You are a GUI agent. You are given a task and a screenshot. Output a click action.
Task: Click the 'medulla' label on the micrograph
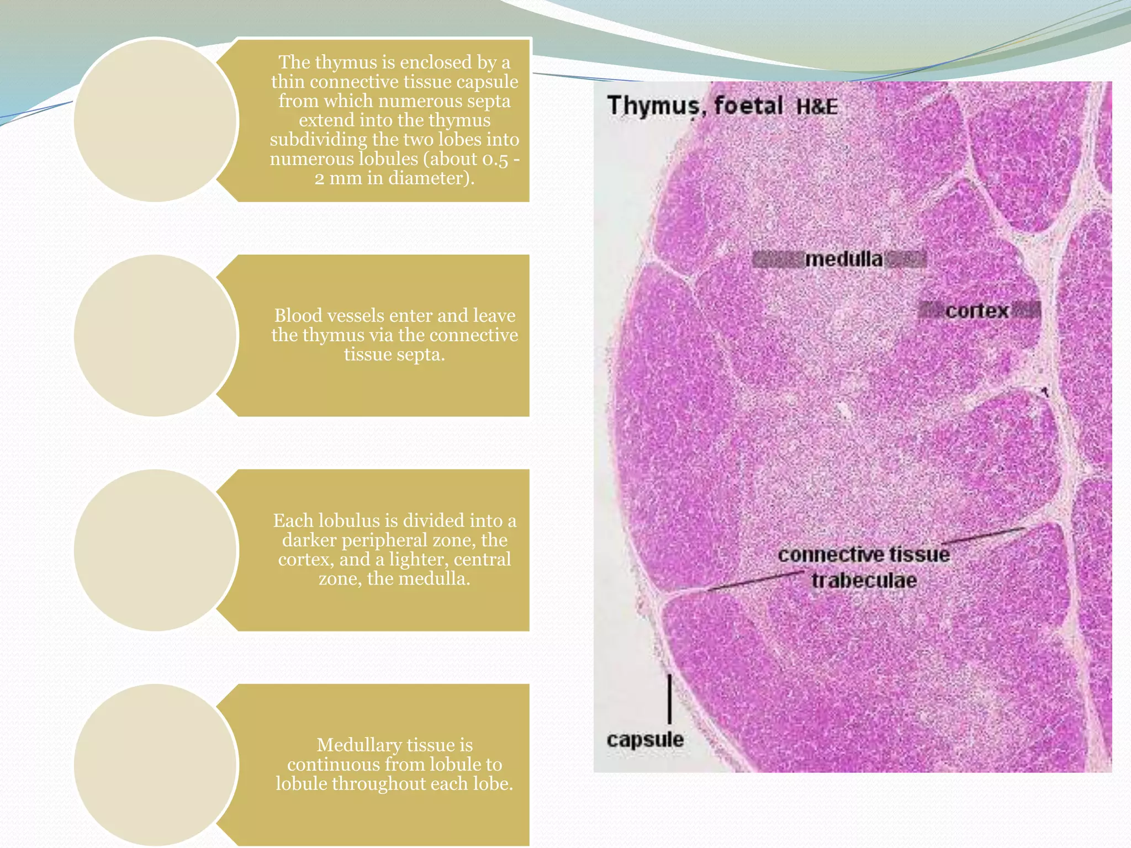click(x=843, y=259)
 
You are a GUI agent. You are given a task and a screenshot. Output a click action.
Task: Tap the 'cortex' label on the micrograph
click(x=977, y=311)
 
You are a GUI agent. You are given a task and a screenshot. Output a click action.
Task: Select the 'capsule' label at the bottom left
click(x=644, y=739)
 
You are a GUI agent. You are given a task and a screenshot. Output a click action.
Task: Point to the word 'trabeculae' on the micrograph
click(x=864, y=581)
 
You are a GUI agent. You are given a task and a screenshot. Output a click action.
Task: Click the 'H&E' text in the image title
click(x=816, y=107)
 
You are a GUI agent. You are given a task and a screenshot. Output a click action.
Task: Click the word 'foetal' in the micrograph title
click(x=748, y=105)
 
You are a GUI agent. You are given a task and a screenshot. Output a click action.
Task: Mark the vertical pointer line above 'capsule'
click(x=670, y=698)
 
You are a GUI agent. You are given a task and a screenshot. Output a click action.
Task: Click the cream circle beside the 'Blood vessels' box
click(x=156, y=336)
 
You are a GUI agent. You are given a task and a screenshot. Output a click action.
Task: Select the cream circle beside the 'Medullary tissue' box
click(x=156, y=765)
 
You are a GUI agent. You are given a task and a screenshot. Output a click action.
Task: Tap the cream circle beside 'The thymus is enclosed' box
click(x=156, y=120)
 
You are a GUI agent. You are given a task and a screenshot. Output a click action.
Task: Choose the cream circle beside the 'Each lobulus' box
click(x=156, y=550)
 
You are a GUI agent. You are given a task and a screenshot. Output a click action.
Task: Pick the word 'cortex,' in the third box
click(x=306, y=559)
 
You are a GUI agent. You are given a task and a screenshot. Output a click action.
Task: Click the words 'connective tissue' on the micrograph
click(x=864, y=554)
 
